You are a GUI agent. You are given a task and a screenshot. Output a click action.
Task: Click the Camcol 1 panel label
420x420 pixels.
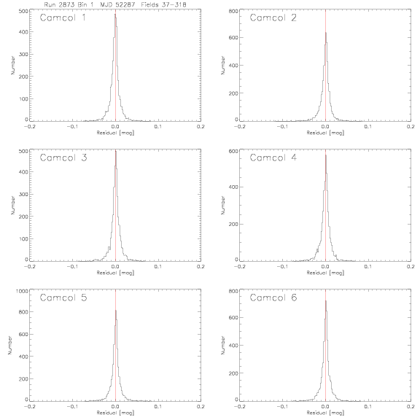click(63, 17)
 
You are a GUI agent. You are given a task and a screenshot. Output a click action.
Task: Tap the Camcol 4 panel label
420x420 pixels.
click(273, 157)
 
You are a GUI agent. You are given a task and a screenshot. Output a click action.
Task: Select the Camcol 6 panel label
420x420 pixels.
click(273, 297)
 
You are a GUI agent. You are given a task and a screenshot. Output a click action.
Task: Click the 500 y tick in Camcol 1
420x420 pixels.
click(23, 11)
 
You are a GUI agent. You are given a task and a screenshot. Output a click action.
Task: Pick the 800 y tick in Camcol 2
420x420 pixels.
click(233, 11)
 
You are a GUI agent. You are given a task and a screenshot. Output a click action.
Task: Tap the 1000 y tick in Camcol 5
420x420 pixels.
click(22, 291)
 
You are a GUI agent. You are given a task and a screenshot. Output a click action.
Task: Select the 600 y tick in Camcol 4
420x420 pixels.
click(233, 151)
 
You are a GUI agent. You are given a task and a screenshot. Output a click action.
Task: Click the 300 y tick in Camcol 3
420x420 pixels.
click(23, 194)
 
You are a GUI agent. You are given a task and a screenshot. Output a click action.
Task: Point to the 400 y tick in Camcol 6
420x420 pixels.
click(233, 345)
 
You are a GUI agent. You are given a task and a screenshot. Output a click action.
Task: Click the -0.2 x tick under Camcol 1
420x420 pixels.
click(29, 126)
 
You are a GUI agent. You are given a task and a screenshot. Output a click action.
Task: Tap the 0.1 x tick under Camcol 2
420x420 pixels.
click(368, 126)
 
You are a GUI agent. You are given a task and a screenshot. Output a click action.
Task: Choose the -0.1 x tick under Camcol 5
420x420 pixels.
click(72, 407)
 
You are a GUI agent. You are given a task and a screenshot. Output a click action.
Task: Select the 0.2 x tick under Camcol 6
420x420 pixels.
click(411, 407)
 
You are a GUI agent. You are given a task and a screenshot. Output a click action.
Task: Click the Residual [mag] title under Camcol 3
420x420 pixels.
click(115, 273)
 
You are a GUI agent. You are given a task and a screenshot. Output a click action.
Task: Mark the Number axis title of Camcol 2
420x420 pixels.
click(223, 65)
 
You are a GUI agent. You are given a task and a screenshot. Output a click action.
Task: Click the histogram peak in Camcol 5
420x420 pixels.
click(116, 311)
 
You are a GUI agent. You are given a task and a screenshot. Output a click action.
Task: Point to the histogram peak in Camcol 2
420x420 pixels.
click(326, 33)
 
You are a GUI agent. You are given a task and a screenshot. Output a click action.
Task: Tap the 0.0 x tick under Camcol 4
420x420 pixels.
click(325, 267)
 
